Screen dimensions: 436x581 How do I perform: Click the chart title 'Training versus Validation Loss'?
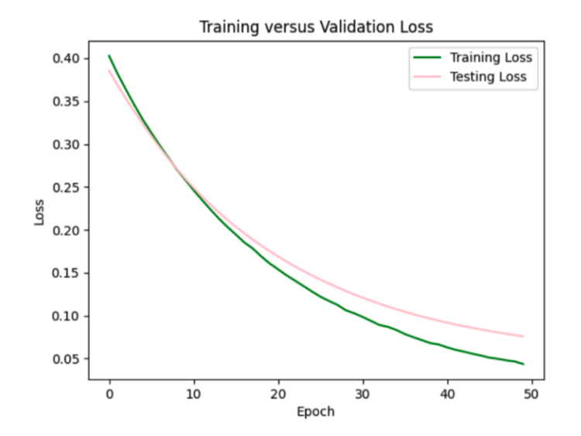click(x=316, y=27)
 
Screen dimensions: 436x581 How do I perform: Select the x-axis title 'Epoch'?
click(x=316, y=412)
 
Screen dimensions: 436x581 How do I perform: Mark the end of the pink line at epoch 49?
click(x=523, y=336)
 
